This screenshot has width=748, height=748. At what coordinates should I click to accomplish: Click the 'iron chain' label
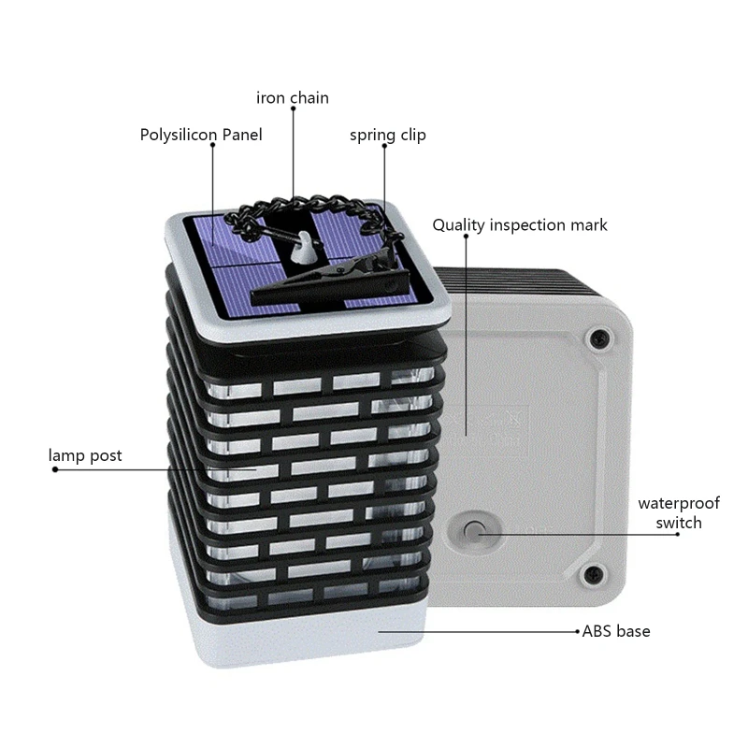pos(293,97)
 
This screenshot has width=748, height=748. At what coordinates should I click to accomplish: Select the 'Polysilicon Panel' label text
pos(201,135)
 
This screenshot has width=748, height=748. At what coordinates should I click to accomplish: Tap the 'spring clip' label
pos(388,135)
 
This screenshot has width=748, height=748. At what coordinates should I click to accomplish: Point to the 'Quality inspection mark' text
pos(520,224)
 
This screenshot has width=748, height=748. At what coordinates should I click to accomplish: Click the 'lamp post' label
pos(85,455)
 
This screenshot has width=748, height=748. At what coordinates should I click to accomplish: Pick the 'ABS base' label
pos(616,631)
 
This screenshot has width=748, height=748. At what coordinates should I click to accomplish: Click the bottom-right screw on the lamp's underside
pos(591,572)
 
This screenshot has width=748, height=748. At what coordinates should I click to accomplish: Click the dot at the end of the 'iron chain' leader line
pos(293,109)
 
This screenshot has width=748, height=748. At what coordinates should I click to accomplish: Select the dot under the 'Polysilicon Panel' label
pos(212,148)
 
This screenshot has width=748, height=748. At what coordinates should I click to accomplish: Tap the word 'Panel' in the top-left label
pos(240,135)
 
